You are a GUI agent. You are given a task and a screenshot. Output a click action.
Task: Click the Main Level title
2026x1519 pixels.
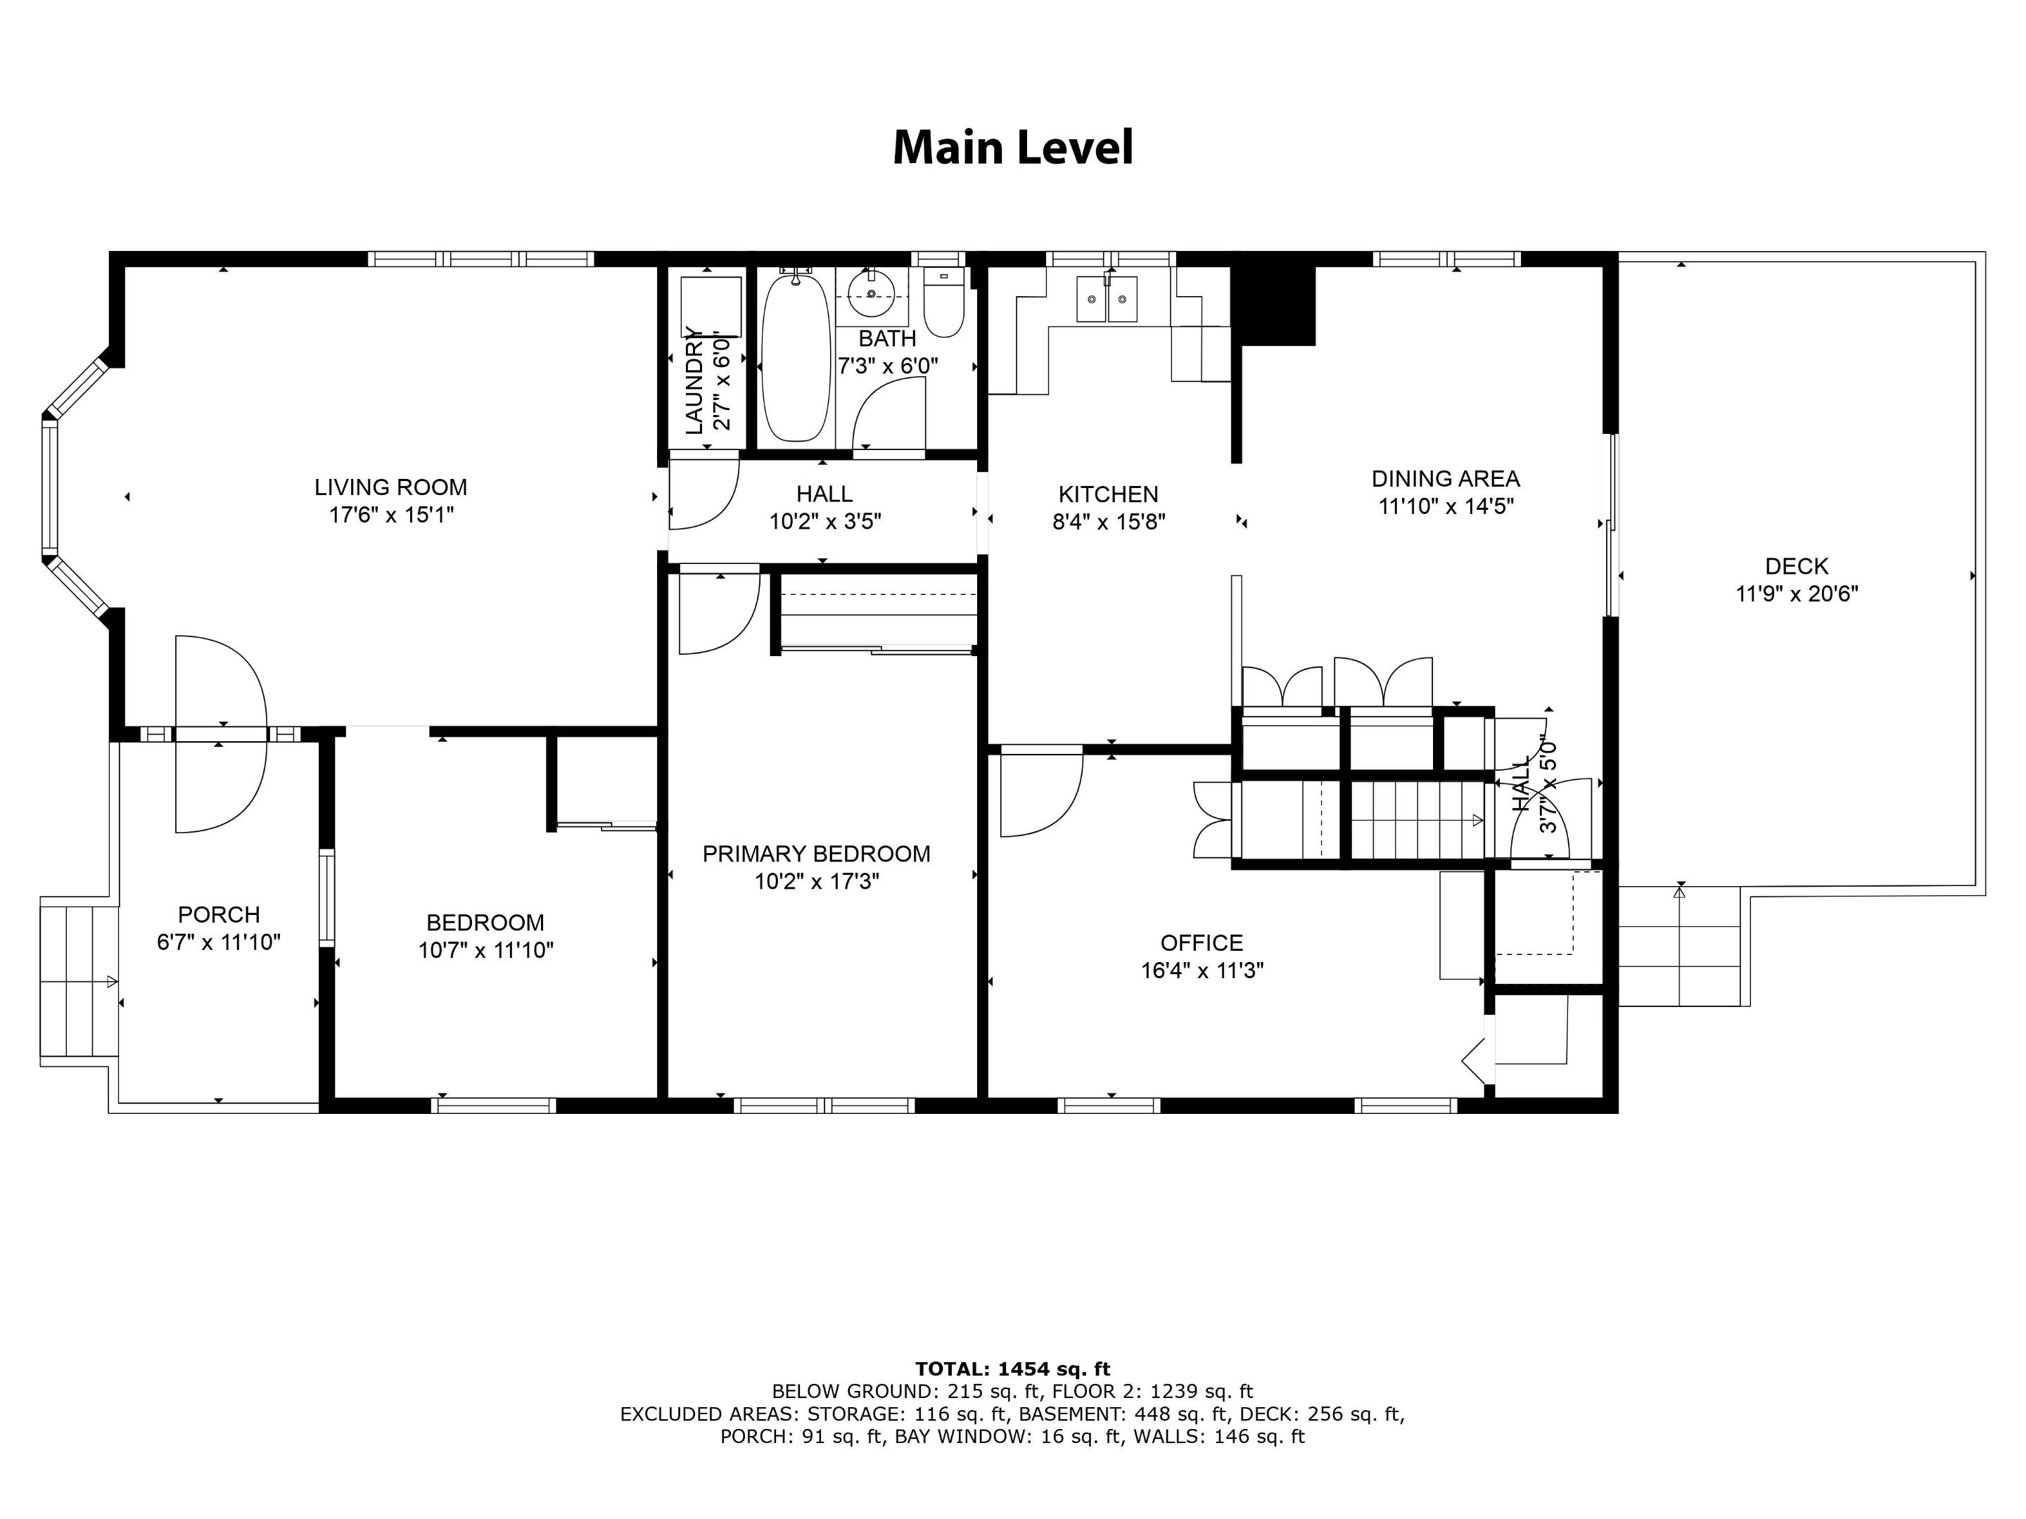pyautogui.click(x=1012, y=148)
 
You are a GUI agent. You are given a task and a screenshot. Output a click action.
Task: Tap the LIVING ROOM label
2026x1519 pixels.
pyautogui.click(x=390, y=487)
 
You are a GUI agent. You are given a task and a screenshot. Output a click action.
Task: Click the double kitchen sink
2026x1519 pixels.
pyautogui.click(x=1107, y=300)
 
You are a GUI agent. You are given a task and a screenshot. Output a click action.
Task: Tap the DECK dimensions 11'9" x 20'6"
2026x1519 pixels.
pyautogui.click(x=1796, y=594)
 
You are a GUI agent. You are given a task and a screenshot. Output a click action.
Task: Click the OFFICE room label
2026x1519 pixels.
pyautogui.click(x=1201, y=942)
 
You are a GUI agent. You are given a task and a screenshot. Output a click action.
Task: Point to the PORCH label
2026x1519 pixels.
pyautogui.click(x=218, y=914)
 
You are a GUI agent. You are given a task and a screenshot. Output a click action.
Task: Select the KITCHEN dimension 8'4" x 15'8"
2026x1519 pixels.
pyautogui.click(x=1108, y=522)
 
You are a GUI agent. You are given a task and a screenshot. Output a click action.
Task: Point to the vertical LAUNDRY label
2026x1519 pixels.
pyautogui.click(x=694, y=379)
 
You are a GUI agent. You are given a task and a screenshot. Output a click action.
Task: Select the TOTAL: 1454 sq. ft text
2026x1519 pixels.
pyautogui.click(x=1012, y=1369)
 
